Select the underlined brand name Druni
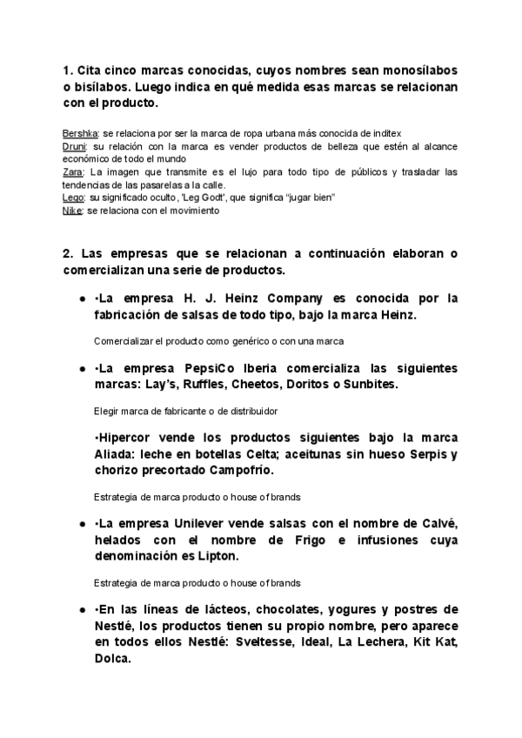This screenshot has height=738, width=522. [75, 148]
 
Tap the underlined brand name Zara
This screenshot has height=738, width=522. [73, 172]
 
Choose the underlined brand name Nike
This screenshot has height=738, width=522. [73, 210]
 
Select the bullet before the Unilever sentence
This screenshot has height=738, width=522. [82, 524]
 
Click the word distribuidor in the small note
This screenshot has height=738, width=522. [252, 410]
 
